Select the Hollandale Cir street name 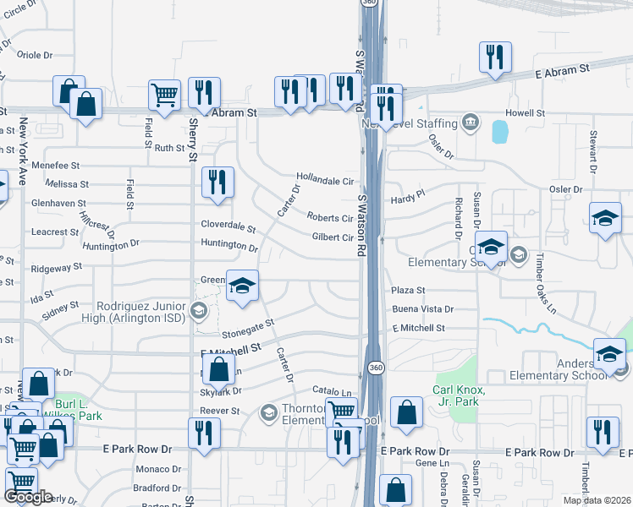coord(324,181)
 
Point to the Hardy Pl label coord(407,199)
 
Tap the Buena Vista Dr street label coord(423,309)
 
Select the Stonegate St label coord(248,326)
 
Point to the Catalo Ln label coord(332,393)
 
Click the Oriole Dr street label coord(35,55)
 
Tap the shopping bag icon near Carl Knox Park coord(407,413)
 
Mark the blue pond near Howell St coord(499,131)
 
